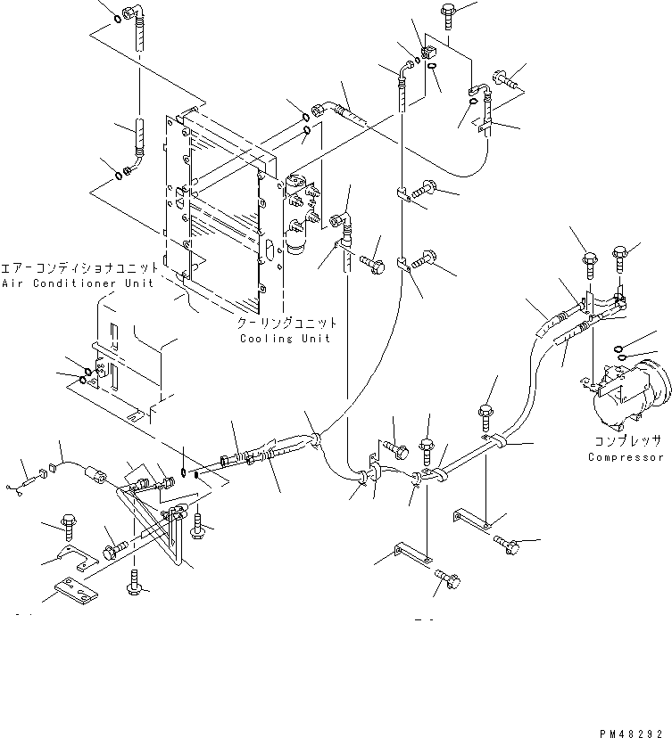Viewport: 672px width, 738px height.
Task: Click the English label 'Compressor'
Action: coord(626,457)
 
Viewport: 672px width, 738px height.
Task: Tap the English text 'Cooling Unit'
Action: coord(285,339)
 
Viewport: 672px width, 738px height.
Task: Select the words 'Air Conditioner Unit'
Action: coord(78,283)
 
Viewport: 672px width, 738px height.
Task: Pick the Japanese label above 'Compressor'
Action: coord(627,441)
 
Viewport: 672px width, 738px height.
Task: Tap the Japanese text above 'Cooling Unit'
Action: coord(287,324)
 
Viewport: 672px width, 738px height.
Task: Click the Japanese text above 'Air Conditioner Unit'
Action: coord(79,268)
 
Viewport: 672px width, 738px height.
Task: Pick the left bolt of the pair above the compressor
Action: coord(590,266)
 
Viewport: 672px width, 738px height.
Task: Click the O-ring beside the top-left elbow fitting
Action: coord(117,20)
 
